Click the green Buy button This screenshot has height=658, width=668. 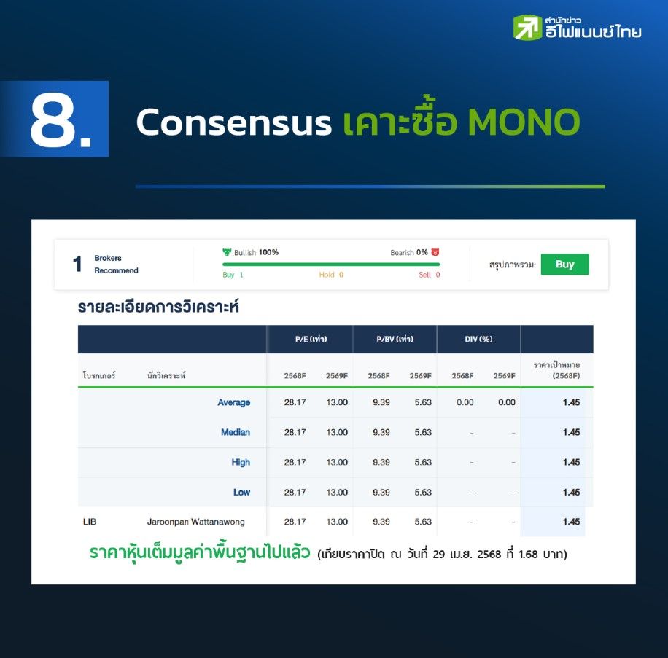pyautogui.click(x=564, y=265)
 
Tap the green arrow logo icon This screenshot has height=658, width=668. pyautogui.click(x=527, y=28)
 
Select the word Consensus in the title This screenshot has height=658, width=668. pyautogui.click(x=233, y=122)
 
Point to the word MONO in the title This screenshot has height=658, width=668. pyautogui.click(x=524, y=122)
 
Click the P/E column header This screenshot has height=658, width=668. pyautogui.click(x=311, y=340)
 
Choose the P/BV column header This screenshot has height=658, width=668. pyautogui.click(x=395, y=340)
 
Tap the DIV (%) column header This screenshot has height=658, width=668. pyautogui.click(x=478, y=340)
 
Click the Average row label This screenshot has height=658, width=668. pyautogui.click(x=234, y=402)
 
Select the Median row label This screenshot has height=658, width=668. pyautogui.click(x=236, y=432)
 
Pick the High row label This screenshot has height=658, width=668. pyautogui.click(x=241, y=462)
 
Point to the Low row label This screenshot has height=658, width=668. pyautogui.click(x=241, y=492)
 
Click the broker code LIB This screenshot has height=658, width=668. pyautogui.click(x=90, y=522)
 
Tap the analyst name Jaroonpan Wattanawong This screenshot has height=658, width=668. pyautogui.click(x=196, y=522)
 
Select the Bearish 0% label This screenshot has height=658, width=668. pyautogui.click(x=409, y=252)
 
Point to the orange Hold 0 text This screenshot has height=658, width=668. pyautogui.click(x=331, y=275)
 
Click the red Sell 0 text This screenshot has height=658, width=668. pyautogui.click(x=429, y=275)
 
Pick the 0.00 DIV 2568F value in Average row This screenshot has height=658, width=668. pyautogui.click(x=465, y=402)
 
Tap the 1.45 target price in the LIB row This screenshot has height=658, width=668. pyautogui.click(x=571, y=522)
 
